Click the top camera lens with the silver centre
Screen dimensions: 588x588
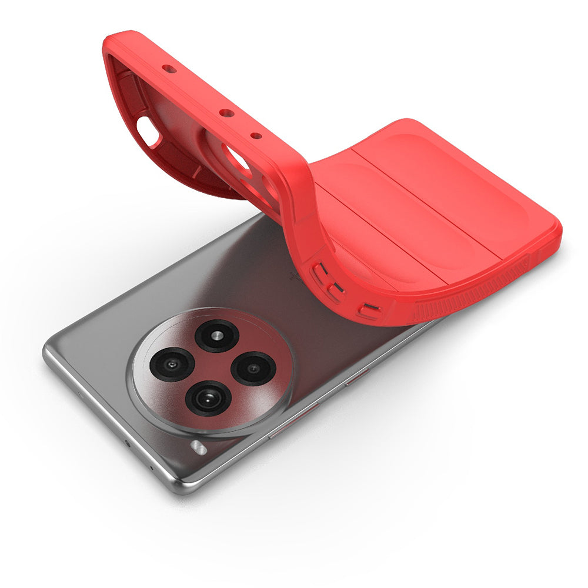coord(216,336)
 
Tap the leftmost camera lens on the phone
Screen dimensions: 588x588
coord(172,364)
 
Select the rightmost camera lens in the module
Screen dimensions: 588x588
coord(253,369)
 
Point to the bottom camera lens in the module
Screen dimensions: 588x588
coord(208,397)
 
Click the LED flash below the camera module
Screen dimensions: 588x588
coord(199,448)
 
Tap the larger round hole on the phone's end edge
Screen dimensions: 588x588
coord(128,443)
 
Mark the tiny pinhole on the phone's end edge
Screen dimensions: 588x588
coord(152,468)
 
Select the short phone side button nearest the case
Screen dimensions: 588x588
coord(358,376)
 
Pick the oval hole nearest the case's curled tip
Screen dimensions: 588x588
coord(169,69)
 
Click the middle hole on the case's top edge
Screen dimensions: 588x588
coord(226,113)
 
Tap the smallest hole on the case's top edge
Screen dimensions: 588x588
coord(256,136)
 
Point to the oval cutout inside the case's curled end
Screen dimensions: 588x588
coord(148,131)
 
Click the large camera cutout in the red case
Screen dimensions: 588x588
coord(238,159)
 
